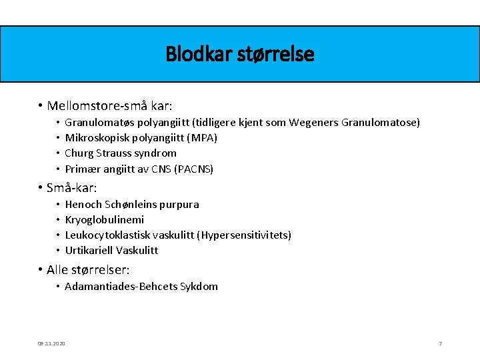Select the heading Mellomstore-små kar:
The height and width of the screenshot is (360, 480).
109,106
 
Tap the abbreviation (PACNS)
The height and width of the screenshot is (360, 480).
193,169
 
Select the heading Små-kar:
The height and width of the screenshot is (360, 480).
71,188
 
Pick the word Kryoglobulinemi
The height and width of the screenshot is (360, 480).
105,220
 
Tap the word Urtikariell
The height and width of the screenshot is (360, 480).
89,251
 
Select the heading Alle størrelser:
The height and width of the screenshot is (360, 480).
87,270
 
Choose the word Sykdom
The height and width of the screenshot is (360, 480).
199,287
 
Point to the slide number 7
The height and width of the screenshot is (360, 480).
440,343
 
